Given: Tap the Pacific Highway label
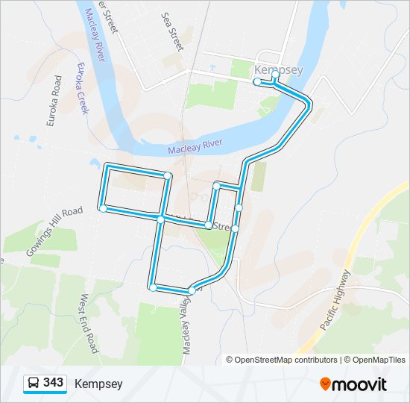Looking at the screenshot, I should pyautogui.click(x=334, y=300).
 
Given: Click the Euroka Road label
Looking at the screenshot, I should pyautogui.click(x=54, y=100).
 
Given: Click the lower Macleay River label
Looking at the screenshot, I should pyautogui.click(x=195, y=146).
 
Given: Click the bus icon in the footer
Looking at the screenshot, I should pyautogui.click(x=34, y=384).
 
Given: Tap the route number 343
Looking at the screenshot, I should pyautogui.click(x=53, y=383).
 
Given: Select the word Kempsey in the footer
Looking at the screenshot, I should pyautogui.click(x=98, y=384).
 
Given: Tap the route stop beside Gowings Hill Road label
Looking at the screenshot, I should pyautogui.click(x=103, y=209).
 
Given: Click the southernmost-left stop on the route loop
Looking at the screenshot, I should pyautogui.click(x=153, y=287).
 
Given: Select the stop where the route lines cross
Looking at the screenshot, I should pyautogui.click(x=160, y=218).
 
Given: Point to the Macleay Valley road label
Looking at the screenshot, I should pyautogui.click(x=184, y=321).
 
